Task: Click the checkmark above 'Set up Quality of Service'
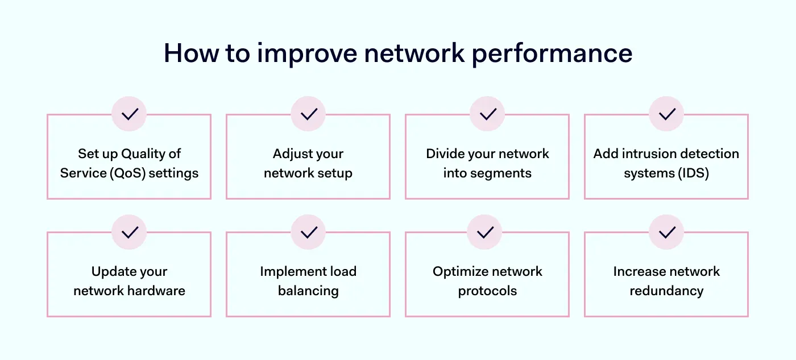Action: point(129,114)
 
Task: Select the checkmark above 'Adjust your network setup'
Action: point(308,114)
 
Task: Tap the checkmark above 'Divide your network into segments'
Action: point(487,114)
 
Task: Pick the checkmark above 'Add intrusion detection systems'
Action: point(666,114)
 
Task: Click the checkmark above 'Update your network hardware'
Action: point(129,232)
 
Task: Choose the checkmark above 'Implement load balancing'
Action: point(308,232)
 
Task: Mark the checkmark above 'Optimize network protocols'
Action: point(484,232)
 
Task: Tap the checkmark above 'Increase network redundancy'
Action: point(666,232)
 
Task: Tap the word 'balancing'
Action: point(308,291)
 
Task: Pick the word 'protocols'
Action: point(487,291)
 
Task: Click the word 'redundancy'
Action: point(666,291)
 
